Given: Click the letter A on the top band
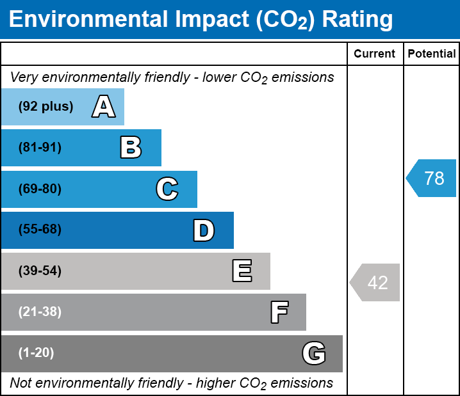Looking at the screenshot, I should point(104,107).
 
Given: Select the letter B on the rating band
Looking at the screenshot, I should point(131,148).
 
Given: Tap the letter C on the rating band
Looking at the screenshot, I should point(167,189).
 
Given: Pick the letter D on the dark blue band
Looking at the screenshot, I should point(204,230).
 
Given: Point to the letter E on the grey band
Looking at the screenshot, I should point(242,271).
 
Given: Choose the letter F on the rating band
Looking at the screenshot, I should point(279,312).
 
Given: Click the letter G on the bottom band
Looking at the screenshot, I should point(314,353).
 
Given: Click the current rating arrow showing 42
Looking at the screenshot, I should point(375,282).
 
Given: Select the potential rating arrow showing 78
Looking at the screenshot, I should point(432,178).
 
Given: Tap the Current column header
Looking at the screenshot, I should point(375,54).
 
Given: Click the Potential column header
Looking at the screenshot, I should point(432,54).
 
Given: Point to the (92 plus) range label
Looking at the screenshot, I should point(45,107).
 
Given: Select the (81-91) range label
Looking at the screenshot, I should point(40,148).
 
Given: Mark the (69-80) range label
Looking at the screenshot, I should point(40,189).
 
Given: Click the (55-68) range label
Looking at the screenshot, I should point(40,230).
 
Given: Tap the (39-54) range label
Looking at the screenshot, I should point(40,271).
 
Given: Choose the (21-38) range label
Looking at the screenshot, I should point(40,312).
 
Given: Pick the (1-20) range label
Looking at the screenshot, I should point(37,353).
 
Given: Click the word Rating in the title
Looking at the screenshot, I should point(357,20).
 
